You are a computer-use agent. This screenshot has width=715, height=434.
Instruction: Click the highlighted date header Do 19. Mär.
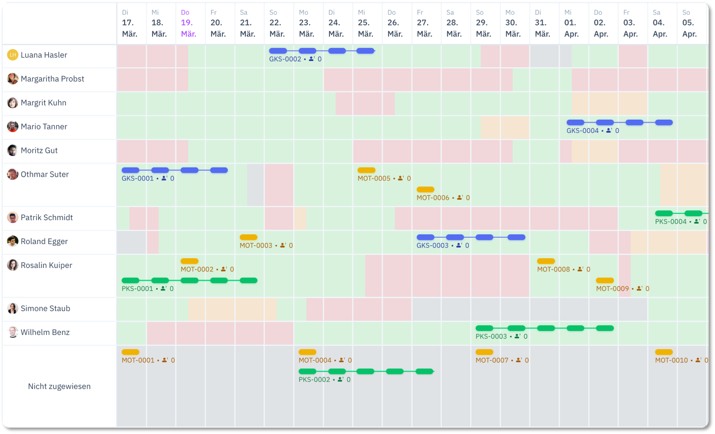click(188, 23)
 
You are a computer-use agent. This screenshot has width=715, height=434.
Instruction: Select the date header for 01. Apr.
click(571, 23)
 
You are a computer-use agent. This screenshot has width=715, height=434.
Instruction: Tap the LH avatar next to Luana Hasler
click(12, 55)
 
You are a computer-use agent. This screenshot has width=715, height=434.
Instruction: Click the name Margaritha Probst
click(52, 79)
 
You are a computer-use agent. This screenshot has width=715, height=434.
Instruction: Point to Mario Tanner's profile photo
click(12, 126)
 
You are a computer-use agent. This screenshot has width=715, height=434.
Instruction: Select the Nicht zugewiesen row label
click(59, 386)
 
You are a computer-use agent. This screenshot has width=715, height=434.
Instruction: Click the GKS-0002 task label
click(285, 59)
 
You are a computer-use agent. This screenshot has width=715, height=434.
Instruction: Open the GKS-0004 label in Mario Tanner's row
click(582, 130)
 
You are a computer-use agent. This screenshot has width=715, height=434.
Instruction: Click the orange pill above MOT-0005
click(366, 170)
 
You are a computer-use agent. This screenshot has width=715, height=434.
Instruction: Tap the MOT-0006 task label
click(433, 198)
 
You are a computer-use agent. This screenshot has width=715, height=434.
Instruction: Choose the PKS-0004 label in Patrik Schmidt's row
click(671, 222)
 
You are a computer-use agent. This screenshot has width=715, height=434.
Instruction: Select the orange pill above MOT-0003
click(248, 237)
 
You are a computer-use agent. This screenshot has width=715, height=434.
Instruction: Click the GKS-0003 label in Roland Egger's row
click(432, 246)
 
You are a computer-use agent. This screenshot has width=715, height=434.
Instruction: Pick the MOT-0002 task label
click(196, 269)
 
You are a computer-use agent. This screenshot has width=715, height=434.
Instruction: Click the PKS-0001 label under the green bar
click(137, 289)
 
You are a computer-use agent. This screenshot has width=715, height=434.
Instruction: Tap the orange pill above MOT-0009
click(605, 281)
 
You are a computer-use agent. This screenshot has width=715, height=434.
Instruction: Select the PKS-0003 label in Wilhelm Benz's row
click(491, 336)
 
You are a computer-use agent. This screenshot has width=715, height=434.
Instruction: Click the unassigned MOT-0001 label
click(138, 360)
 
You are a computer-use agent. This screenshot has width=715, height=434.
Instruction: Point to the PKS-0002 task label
click(314, 379)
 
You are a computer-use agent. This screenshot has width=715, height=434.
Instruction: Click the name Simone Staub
click(45, 309)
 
